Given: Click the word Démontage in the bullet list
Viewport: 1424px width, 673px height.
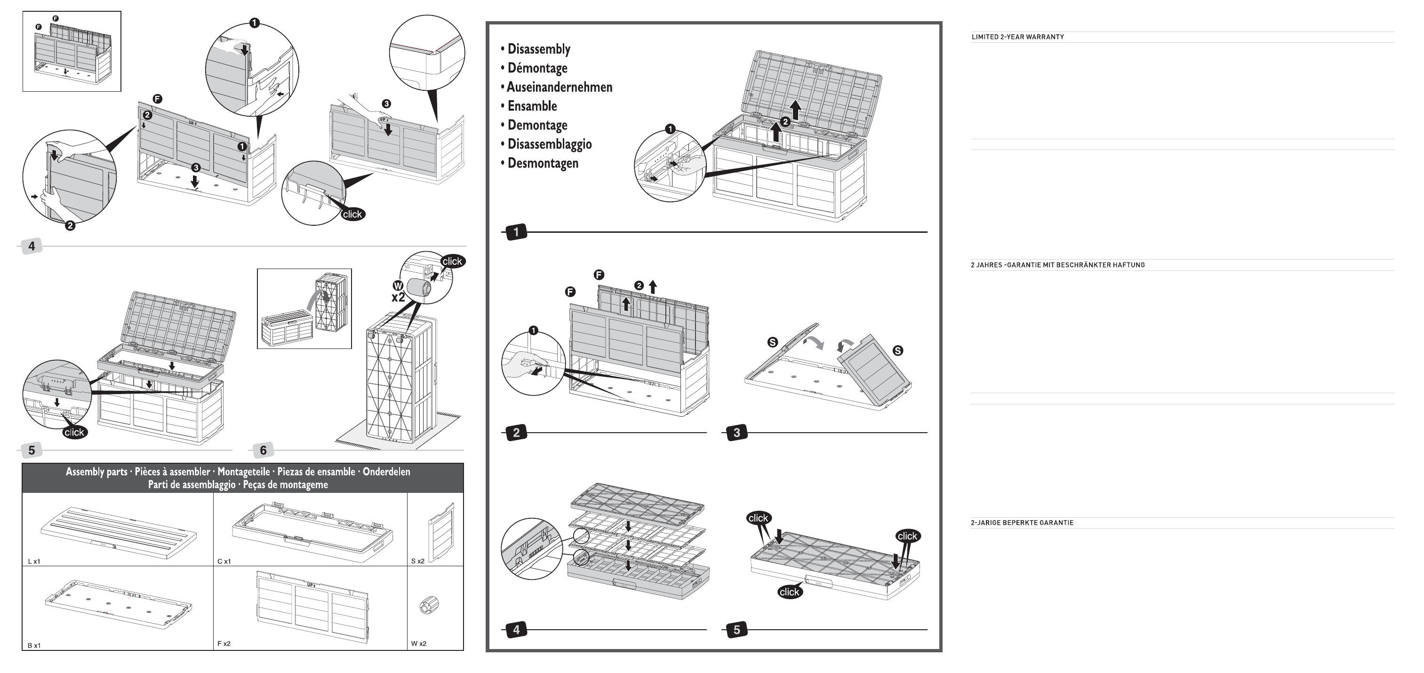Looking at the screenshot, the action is pos(537,68).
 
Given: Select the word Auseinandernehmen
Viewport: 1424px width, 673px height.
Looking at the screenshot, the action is pos(560,87).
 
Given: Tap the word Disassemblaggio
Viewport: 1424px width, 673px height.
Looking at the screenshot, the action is pos(550,144).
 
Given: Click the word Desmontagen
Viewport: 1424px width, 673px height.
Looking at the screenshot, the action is pos(543,163).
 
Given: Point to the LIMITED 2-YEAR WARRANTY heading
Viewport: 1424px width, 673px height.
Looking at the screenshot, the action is pos(1018,37).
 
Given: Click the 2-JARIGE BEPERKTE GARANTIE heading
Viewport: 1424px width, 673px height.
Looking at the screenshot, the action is pos(1022,523).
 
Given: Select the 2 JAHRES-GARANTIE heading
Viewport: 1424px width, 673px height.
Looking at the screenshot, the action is pos(1057,265).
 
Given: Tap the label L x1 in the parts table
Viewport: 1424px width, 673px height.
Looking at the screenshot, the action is pos(34,562).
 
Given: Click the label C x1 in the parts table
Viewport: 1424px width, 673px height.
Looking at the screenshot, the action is pos(224,562).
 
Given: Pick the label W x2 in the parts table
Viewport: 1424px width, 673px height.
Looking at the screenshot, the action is pos(418,644).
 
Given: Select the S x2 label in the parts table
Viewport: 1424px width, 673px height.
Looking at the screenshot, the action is pos(418,562).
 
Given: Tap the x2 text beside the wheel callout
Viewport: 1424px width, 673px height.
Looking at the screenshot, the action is pos(398,297).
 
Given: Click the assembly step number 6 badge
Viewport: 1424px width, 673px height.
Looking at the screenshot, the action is pos(263,451).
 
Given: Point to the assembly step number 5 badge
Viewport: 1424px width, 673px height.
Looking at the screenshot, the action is pos(32,451).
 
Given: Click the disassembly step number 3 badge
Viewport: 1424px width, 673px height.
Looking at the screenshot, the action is pos(736,433).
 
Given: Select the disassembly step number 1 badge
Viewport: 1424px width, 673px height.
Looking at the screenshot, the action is pos(516,232).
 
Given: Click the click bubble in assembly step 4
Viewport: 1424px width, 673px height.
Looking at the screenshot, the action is pos(352,214).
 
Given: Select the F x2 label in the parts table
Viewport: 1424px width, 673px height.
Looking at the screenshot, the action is pos(224,644).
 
